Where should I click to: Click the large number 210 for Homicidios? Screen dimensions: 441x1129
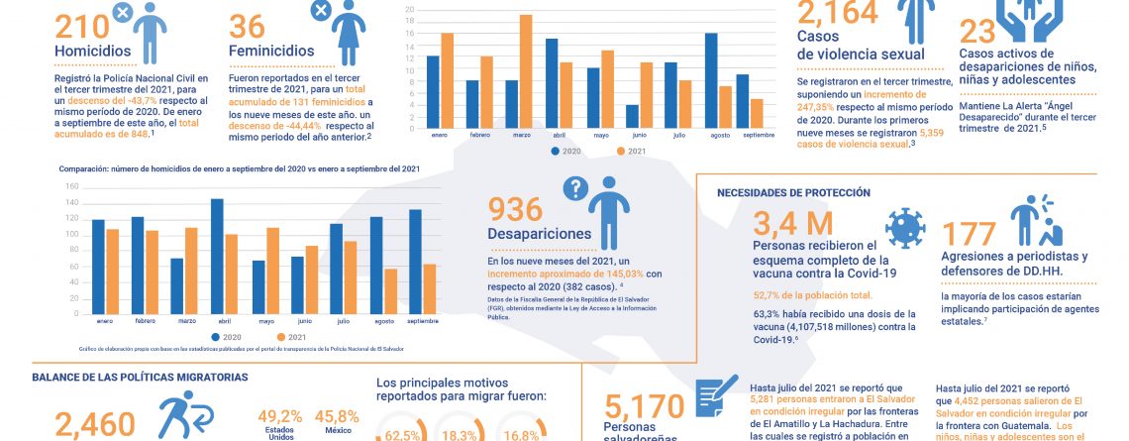pos(81,27)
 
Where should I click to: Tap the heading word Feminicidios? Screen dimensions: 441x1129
pos(271,50)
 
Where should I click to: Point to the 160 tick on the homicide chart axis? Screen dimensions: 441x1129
pos(70,185)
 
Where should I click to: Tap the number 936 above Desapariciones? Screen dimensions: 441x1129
pos(515,209)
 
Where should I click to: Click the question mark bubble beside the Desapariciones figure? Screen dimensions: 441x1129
pos(575,187)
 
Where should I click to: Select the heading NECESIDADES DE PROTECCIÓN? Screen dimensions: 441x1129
pos(793,192)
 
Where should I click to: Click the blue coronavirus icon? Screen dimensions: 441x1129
pos(902,227)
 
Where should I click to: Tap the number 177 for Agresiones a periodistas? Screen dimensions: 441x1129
pos(969,234)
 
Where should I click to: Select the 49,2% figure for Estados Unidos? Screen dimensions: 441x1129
pos(279,416)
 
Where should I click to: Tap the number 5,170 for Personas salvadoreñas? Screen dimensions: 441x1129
pos(644,406)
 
